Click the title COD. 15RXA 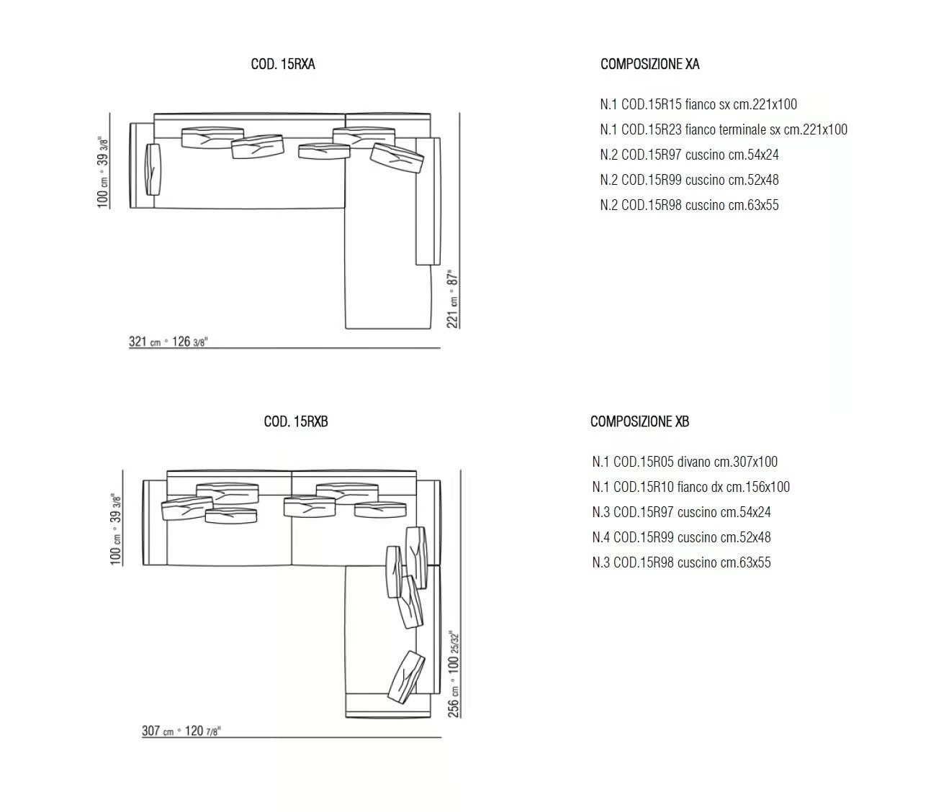(283, 64)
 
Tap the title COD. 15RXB (295, 421)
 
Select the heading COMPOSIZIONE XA (649, 64)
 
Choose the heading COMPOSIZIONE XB (639, 421)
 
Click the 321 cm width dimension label (168, 342)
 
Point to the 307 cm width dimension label (181, 731)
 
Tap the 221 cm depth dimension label (452, 299)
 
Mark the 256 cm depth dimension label (454, 674)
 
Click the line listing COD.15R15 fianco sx (698, 104)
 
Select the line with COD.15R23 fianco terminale (724, 129)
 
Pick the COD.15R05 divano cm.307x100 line (685, 462)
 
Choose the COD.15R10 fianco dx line (690, 487)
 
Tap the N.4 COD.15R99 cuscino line (681, 537)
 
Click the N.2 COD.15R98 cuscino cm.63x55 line (689, 205)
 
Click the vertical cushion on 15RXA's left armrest (153, 170)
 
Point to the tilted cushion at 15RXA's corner (397, 158)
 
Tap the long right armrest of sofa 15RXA (428, 201)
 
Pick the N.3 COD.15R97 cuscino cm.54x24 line (681, 512)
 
